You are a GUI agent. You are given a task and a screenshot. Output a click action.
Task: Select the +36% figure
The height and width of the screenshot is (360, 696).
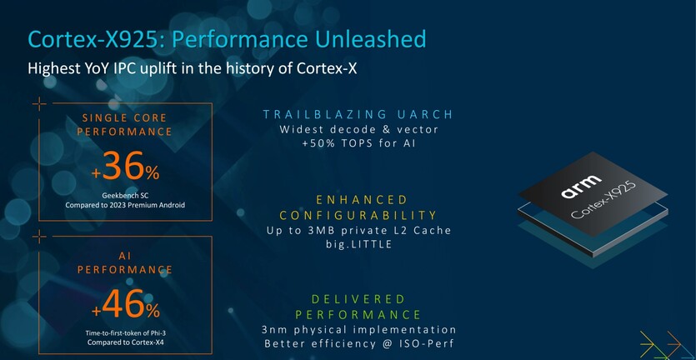pyautogui.click(x=126, y=166)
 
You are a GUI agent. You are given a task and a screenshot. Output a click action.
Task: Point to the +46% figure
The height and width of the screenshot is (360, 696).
pyautogui.click(x=126, y=304)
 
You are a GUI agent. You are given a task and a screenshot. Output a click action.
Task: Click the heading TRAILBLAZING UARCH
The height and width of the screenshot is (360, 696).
pyautogui.click(x=358, y=114)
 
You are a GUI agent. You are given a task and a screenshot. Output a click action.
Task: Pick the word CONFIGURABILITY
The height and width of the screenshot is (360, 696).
pyautogui.click(x=358, y=216)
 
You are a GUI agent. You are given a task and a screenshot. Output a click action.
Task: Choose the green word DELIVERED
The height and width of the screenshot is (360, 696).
pyautogui.click(x=358, y=298)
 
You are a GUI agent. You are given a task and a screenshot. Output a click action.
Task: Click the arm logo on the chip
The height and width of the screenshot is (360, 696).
pyautogui.click(x=581, y=187)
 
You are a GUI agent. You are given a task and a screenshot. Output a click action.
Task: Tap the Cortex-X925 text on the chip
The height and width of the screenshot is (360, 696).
pyautogui.click(x=603, y=200)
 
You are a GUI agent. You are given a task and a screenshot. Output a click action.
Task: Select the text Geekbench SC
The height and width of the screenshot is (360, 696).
pyautogui.click(x=126, y=196)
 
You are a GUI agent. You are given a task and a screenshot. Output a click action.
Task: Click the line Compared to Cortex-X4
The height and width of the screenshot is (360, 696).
pyautogui.click(x=125, y=342)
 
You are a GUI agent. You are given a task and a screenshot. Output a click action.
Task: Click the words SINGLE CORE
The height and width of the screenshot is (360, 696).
pyautogui.click(x=124, y=118)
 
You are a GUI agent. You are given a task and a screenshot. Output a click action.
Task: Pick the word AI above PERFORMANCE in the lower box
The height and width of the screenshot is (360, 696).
pyautogui.click(x=125, y=256)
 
